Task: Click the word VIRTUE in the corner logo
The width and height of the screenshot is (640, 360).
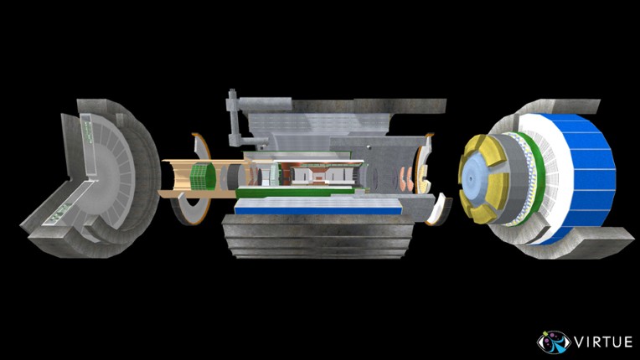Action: pyautogui.click(x=604, y=342)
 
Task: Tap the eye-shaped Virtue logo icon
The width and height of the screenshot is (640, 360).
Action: pyautogui.click(x=554, y=342)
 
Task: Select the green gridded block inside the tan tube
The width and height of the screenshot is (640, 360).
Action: pyautogui.click(x=204, y=176)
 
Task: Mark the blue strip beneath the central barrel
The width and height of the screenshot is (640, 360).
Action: pyautogui.click(x=318, y=211)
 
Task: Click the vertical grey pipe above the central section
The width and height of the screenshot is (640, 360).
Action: pyautogui.click(x=233, y=117)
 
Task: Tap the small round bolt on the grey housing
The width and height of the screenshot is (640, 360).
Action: pyautogui.click(x=369, y=147)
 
